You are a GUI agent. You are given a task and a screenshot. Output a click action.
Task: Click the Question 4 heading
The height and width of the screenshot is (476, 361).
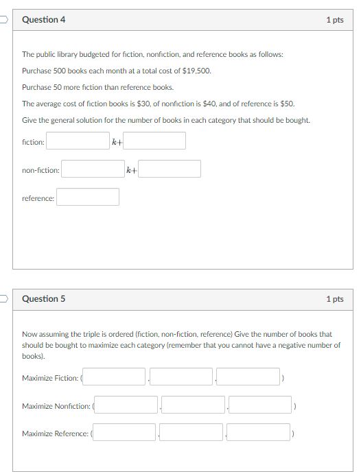[44, 20]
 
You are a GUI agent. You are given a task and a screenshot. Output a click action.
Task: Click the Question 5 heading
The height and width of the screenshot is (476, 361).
[44, 299]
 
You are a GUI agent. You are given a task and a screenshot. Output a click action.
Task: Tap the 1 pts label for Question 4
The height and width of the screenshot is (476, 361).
[335, 20]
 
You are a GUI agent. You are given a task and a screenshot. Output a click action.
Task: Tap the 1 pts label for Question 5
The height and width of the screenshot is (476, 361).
[335, 299]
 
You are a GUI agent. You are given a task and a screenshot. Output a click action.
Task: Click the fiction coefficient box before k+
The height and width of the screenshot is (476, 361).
[78, 141]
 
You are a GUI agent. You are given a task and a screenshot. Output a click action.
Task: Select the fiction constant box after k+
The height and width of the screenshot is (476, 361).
[154, 141]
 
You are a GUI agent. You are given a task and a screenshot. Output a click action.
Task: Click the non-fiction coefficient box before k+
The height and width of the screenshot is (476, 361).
[93, 169]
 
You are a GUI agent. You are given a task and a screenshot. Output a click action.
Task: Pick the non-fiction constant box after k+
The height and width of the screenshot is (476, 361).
[170, 169]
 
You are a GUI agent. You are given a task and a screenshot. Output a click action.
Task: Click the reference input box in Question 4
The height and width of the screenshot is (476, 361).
[88, 198]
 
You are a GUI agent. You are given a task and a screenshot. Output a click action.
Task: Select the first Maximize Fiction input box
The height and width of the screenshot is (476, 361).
[115, 377]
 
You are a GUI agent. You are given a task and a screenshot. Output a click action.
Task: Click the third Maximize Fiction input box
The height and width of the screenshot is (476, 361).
[248, 377]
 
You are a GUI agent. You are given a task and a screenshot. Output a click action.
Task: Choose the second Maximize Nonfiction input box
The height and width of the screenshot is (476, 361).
[194, 405]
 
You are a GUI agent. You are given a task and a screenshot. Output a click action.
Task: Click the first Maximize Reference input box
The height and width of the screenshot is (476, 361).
[124, 433]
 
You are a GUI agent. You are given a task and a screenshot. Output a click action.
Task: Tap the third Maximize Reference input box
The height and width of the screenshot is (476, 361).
[259, 433]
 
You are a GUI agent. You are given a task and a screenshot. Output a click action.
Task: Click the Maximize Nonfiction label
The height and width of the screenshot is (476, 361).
[56, 406]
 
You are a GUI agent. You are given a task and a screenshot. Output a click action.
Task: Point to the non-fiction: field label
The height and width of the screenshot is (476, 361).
[40, 170]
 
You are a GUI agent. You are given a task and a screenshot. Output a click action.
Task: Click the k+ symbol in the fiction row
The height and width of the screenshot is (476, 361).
[117, 142]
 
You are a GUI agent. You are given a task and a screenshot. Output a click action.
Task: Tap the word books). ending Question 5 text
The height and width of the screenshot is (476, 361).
[33, 357]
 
